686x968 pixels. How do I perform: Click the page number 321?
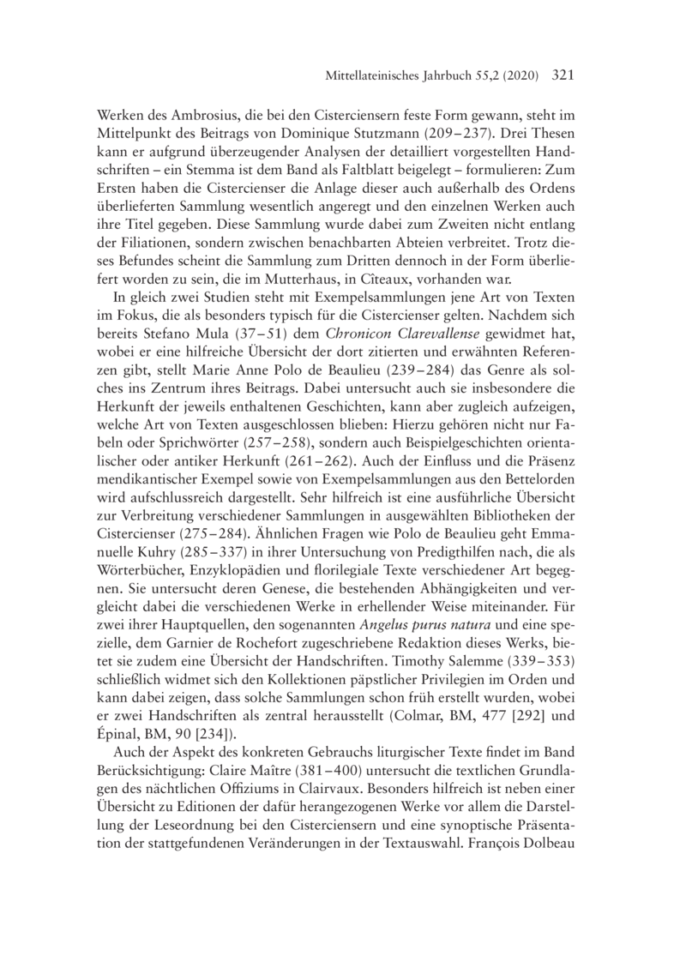[x=558, y=75]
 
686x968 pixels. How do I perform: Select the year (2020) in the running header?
[x=515, y=76]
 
